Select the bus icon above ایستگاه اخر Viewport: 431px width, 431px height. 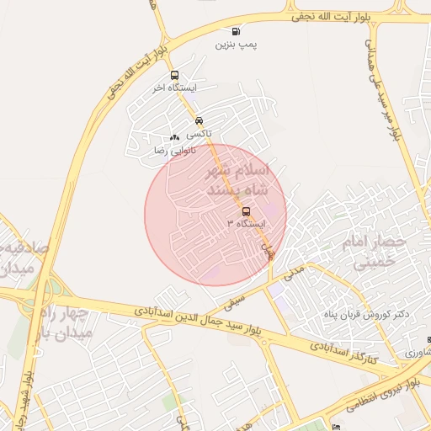(x=174, y=75)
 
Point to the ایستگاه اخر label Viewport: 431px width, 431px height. (x=173, y=88)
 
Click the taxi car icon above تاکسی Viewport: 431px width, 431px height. (x=199, y=120)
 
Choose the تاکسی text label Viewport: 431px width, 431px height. (x=199, y=133)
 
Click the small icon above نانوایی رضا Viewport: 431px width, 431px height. (x=174, y=137)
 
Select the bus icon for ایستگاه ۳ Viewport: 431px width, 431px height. (x=246, y=211)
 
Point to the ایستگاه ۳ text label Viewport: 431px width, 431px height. (x=245, y=224)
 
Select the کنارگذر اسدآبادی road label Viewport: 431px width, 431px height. (x=343, y=352)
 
